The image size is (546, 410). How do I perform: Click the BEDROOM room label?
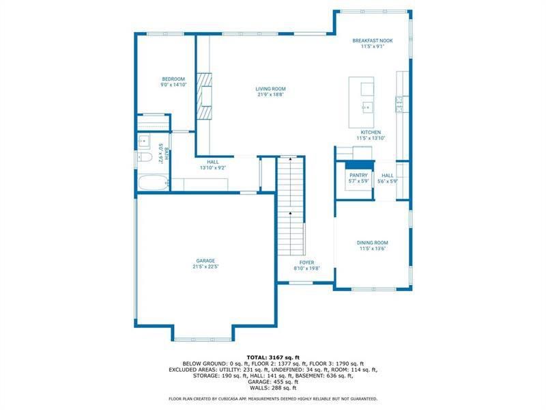pos(173,79)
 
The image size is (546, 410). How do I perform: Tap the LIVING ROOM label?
pos(270,89)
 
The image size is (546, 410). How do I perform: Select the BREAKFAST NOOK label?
pos(373,41)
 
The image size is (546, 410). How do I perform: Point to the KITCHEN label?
pos(371,132)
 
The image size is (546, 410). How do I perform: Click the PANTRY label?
pos(358,176)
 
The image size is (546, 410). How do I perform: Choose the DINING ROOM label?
pos(373,243)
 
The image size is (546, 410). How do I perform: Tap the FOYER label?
pos(306,262)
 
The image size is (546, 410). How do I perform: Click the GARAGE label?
pos(205,260)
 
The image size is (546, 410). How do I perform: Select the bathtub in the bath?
pos(152,184)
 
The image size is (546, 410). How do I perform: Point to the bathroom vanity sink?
pos(144,141)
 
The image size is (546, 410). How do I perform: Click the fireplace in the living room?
pos(205,90)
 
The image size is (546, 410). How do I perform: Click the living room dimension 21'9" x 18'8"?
pos(270,95)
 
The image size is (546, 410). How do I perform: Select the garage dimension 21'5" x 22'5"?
pos(205,266)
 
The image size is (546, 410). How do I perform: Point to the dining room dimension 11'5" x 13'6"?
pos(373,249)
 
